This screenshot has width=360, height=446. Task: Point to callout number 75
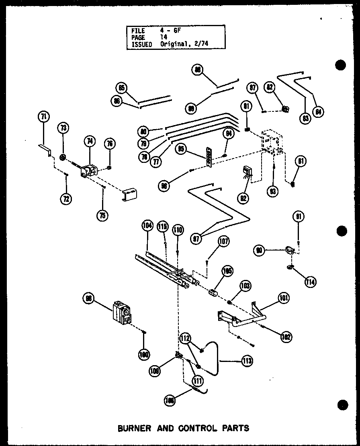point(102,215)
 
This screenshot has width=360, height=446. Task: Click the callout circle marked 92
point(243,197)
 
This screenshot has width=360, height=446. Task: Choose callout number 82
point(269,86)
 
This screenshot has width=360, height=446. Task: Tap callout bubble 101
point(283,299)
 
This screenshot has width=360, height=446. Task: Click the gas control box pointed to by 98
point(122,312)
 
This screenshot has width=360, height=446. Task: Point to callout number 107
point(224,241)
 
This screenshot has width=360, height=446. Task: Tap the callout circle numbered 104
point(147,226)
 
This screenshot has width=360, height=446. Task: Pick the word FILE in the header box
point(138,31)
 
